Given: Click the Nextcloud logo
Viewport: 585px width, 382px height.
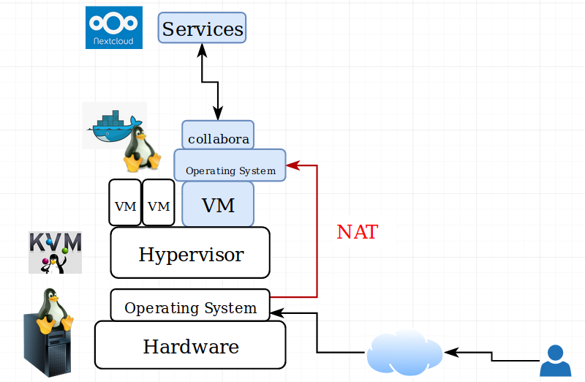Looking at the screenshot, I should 114,27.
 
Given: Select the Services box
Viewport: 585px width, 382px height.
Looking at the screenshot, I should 203,29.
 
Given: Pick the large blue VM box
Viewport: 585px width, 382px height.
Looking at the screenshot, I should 218,204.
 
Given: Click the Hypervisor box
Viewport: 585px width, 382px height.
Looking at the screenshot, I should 190,252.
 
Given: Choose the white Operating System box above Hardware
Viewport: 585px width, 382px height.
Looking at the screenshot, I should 190,306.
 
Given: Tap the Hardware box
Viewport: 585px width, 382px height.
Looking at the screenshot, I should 190,345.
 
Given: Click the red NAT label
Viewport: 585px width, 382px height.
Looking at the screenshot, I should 357,233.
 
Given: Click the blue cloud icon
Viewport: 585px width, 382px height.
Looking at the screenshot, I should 404,351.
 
